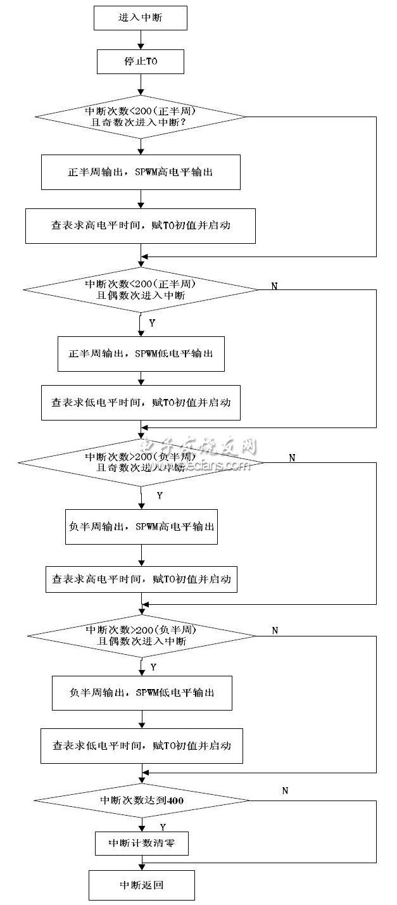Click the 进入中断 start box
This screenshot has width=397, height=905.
point(141,18)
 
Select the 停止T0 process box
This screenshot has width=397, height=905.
point(141,62)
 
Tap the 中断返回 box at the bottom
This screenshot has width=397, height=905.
point(141,885)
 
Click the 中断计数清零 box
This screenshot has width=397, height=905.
point(141,843)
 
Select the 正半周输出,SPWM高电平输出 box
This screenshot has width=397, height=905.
point(141,172)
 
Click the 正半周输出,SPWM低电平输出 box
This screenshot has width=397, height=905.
point(141,353)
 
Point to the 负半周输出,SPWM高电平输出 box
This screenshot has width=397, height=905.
point(141,527)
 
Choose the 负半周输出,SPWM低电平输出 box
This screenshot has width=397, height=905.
point(141,693)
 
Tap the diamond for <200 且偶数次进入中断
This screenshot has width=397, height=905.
point(141,289)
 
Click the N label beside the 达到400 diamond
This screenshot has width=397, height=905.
point(284,790)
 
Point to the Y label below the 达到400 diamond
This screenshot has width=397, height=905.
point(163,827)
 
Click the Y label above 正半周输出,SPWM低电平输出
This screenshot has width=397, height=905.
point(152,323)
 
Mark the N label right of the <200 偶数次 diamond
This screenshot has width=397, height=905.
point(274,286)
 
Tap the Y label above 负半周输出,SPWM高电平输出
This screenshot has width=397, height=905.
point(159,496)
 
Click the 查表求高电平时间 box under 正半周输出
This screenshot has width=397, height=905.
point(141,226)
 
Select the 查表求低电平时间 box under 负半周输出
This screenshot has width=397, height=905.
point(141,746)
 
